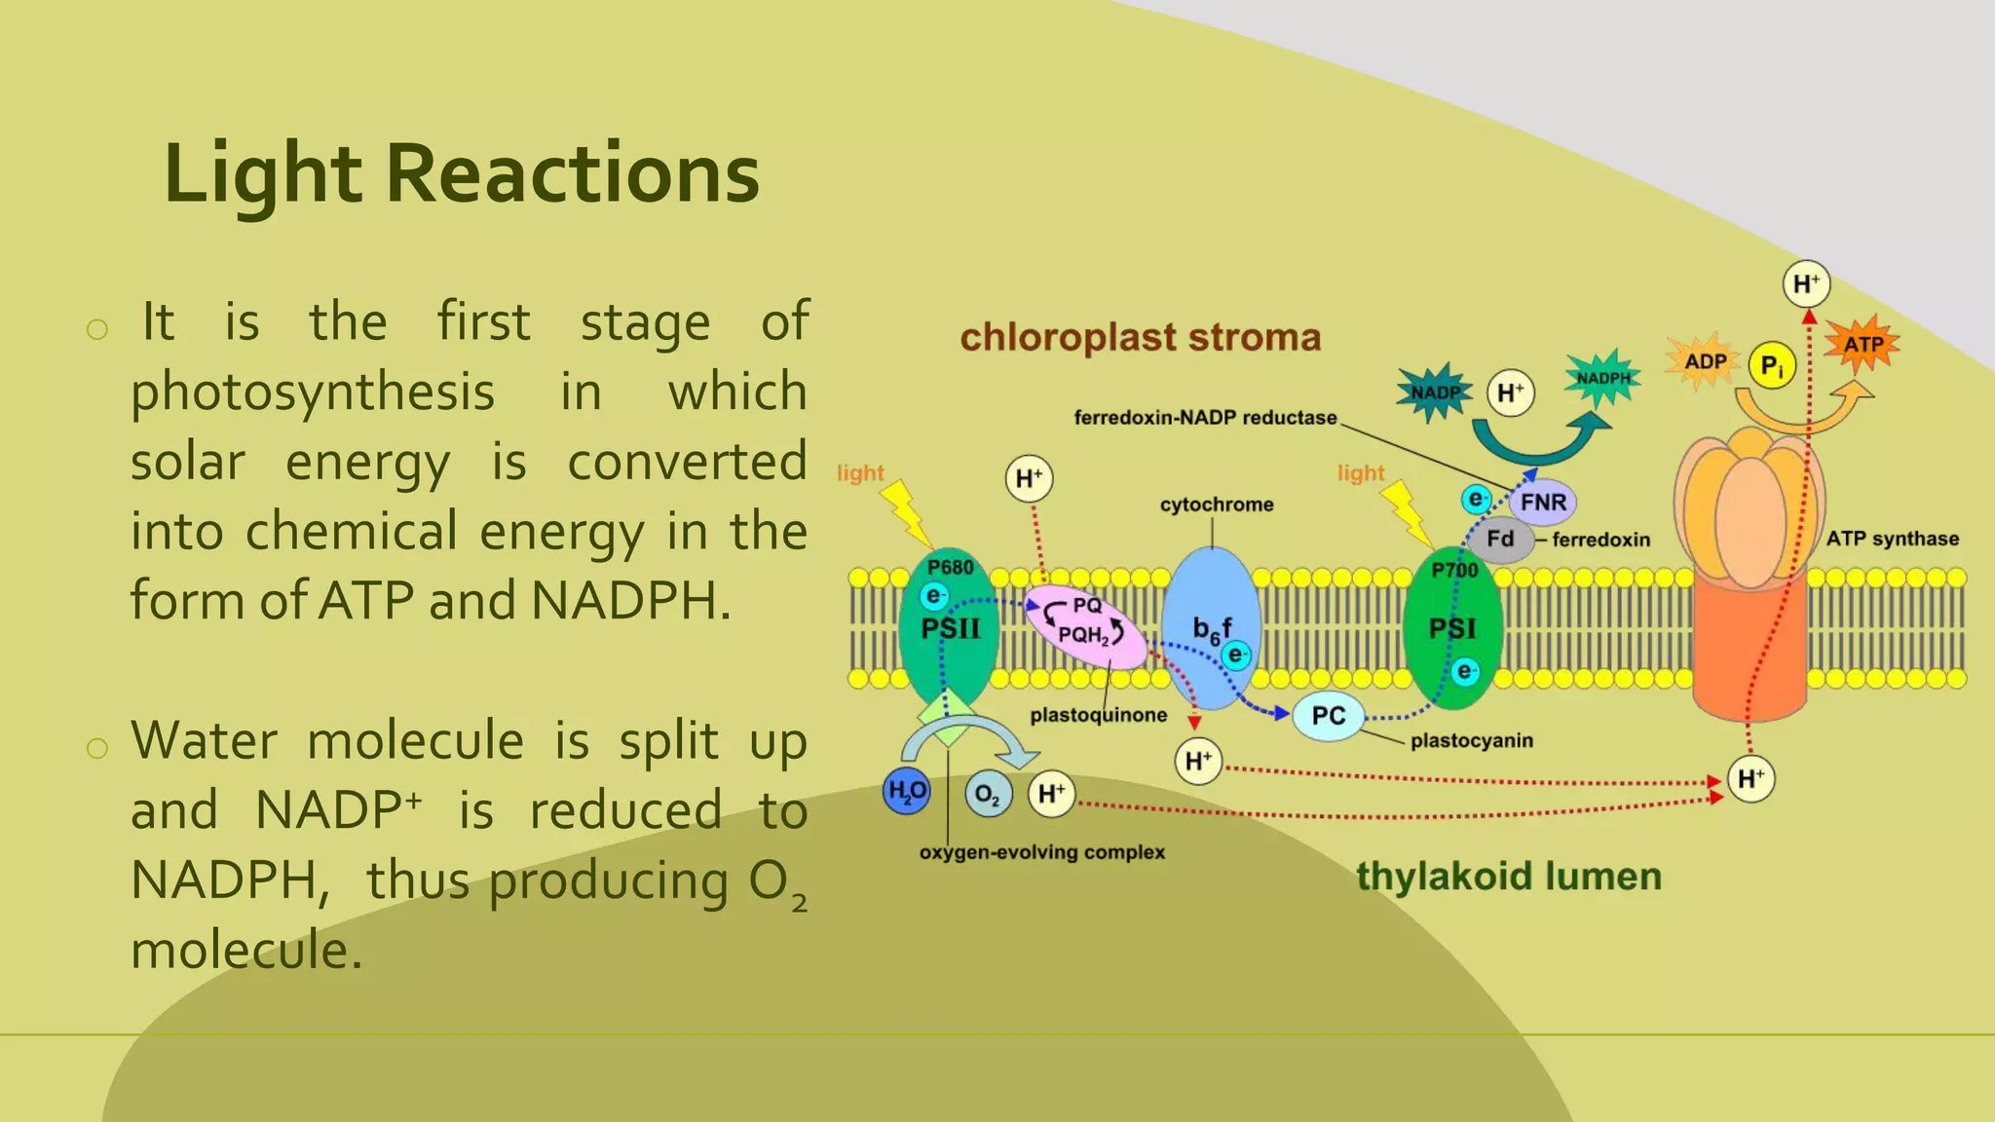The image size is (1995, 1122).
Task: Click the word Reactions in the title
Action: [573, 174]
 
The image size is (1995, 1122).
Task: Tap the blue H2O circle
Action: [906, 792]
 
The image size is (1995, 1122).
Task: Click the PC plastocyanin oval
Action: [1328, 717]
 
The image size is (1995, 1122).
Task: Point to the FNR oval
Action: [1543, 503]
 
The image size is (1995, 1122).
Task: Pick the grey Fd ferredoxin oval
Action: [1500, 540]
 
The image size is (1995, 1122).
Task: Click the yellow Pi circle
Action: [1771, 366]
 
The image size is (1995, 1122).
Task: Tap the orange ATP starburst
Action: [1862, 344]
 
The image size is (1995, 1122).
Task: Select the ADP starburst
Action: [1705, 361]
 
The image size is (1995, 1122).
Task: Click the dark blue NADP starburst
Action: [1436, 393]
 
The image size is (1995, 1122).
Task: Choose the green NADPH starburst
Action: [1602, 378]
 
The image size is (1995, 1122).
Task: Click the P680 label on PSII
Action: [950, 568]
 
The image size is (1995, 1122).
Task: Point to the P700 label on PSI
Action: [1454, 570]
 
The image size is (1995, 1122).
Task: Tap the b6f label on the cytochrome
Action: [1212, 629]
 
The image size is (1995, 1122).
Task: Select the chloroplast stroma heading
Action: [1140, 338]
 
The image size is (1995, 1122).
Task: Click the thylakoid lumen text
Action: [1508, 877]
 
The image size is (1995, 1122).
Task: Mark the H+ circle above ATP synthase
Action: [1806, 284]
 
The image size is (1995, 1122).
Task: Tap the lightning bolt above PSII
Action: [907, 512]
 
